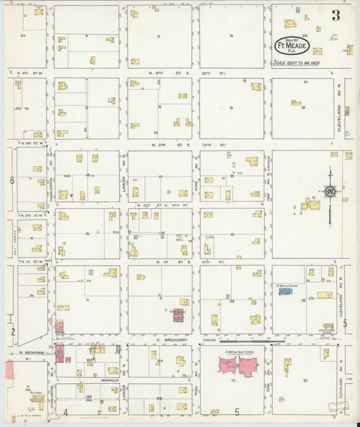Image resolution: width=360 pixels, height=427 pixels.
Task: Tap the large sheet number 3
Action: (x=336, y=15)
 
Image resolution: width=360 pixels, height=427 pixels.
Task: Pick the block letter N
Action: (x=230, y=34)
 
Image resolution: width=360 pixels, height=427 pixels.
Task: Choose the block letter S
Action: (x=230, y=108)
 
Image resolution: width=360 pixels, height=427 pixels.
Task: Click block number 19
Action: (x=304, y=107)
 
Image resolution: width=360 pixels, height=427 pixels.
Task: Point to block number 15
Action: (x=87, y=233)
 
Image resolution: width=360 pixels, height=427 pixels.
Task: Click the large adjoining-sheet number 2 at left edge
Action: (x=13, y=332)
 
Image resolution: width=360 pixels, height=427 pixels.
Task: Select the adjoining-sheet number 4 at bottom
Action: (x=66, y=411)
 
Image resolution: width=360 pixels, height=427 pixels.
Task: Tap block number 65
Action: (x=305, y=382)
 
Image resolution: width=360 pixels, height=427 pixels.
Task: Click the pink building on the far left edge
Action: (x=9, y=370)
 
